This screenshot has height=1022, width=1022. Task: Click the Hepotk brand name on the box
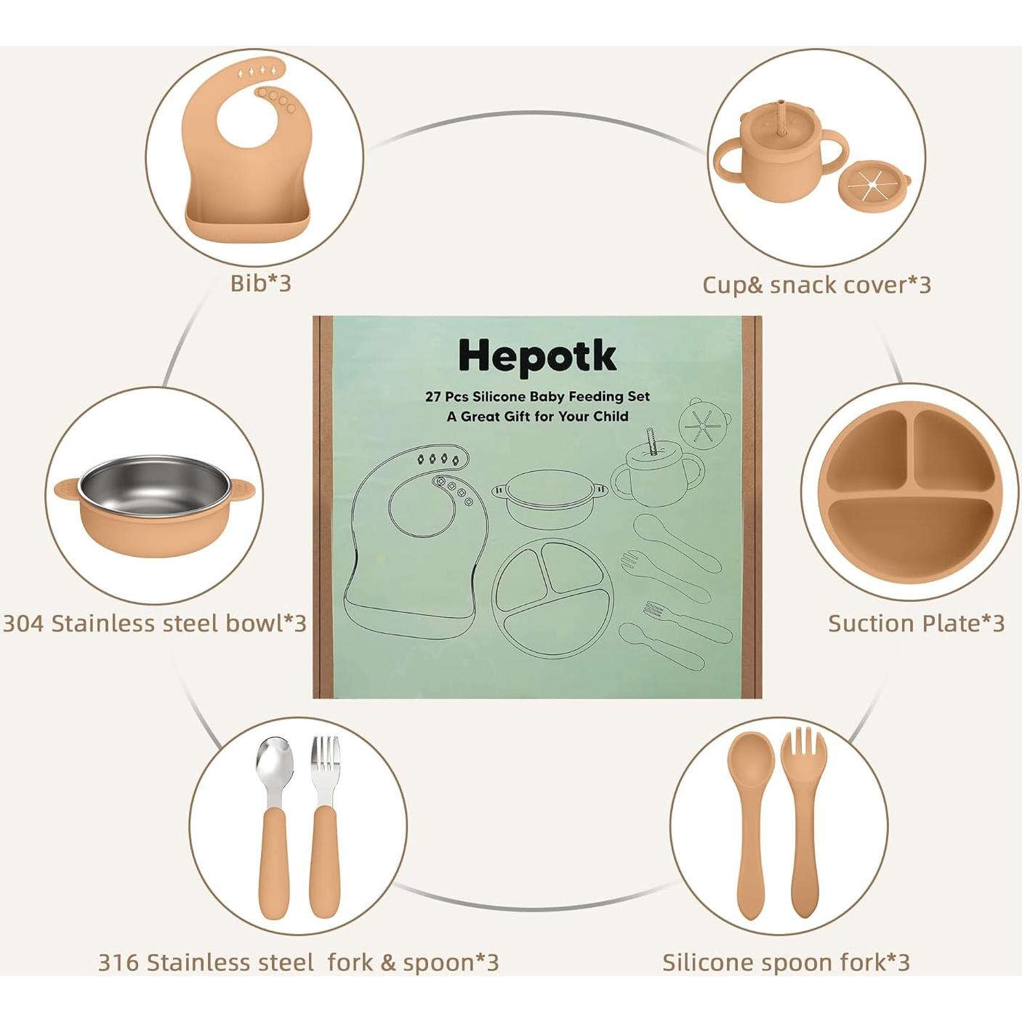[x=537, y=356]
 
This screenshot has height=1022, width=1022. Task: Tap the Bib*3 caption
[x=260, y=283]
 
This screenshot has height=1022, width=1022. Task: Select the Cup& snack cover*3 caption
[x=816, y=285]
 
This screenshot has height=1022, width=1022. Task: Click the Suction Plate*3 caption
[x=916, y=623]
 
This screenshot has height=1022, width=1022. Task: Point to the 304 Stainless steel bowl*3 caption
[x=154, y=623]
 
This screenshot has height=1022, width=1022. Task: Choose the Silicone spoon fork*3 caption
[x=786, y=962]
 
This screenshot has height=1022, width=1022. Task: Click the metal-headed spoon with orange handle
[x=274, y=821]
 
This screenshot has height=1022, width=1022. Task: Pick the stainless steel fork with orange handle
[x=324, y=821]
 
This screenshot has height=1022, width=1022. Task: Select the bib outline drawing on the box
[x=414, y=545]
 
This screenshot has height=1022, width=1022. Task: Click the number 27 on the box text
[x=433, y=397]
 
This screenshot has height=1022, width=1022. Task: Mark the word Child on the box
[x=611, y=417]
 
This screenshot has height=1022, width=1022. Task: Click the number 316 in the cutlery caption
[x=118, y=962]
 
